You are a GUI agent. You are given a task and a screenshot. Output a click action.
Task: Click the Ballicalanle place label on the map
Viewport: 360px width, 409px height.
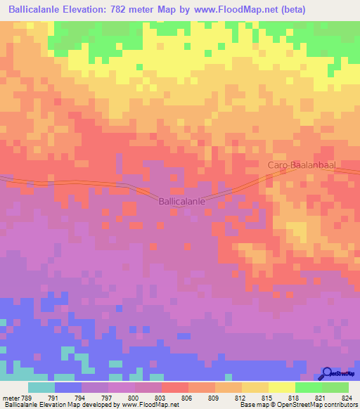pyautogui.click(x=182, y=201)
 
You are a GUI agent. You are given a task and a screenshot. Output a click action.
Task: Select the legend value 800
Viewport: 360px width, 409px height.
pyautogui.click(x=131, y=397)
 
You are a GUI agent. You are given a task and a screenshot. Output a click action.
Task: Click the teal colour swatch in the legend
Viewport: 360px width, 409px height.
pyautogui.click(x=41, y=387)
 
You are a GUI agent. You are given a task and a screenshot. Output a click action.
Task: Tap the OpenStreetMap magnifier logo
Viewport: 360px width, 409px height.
pyautogui.click(x=328, y=374)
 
